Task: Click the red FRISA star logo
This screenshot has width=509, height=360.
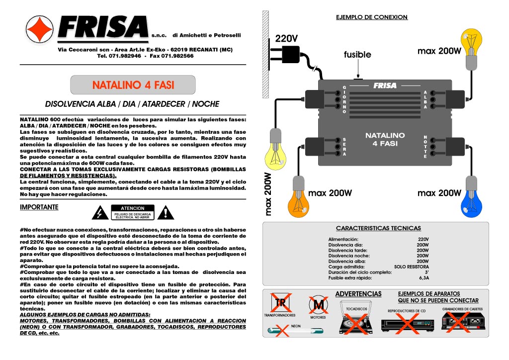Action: [x=40, y=28]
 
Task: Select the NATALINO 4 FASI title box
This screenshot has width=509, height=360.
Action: [x=133, y=85]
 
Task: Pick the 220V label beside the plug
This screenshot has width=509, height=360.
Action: [x=286, y=39]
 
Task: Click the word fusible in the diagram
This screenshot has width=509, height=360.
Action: [x=357, y=55]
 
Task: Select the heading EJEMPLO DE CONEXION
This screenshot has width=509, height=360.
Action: [x=372, y=17]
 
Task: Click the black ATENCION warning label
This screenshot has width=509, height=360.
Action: [x=133, y=212]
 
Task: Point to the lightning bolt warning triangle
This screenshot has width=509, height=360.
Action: [x=101, y=213]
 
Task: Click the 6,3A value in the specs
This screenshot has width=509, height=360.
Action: [x=424, y=278]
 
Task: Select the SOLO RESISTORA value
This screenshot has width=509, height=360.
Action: [x=411, y=267]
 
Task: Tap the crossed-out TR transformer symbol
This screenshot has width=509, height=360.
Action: [x=279, y=302]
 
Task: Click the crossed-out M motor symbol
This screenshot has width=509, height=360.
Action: [x=318, y=304]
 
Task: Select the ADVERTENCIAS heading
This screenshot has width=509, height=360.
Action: [x=358, y=294]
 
